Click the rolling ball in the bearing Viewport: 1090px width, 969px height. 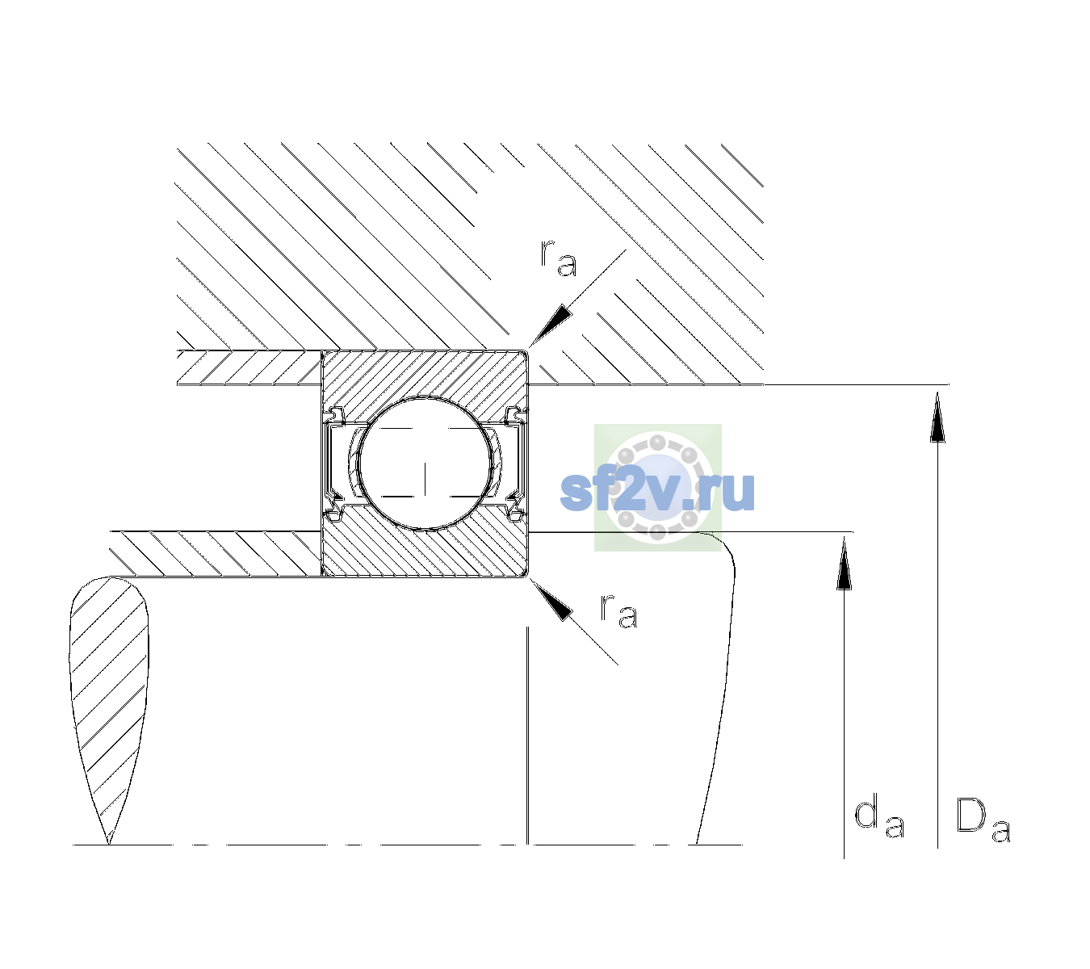[425, 464]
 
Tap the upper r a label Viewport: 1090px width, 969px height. [558, 258]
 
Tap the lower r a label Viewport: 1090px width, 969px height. [618, 612]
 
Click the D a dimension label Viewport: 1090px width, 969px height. [983, 820]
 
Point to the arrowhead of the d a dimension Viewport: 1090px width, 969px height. [844, 562]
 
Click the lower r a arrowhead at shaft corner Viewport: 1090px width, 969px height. [551, 599]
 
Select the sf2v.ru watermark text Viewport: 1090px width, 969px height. [657, 492]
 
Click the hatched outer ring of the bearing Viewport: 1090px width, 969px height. [425, 374]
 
